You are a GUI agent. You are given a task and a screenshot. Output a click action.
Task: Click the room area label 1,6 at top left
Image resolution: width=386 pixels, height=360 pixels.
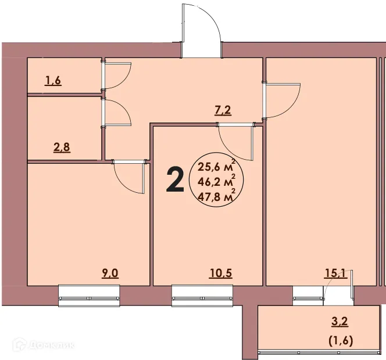53,81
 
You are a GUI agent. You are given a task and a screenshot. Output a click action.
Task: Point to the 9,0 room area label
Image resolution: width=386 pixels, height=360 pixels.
110,273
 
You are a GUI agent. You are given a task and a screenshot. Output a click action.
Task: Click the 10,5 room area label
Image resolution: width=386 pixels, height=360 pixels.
221,273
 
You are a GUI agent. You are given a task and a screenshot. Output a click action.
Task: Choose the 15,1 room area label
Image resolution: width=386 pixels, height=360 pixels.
336,273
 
